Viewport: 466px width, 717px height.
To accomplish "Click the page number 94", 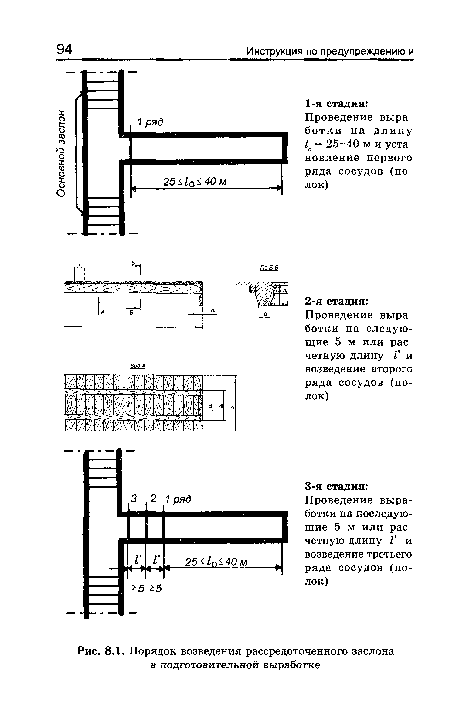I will pyautogui.click(x=64, y=49).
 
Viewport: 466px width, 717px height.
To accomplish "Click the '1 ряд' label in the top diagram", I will pyautogui.click(x=151, y=122).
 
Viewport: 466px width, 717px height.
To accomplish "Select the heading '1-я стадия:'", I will pyautogui.click(x=336, y=104).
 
